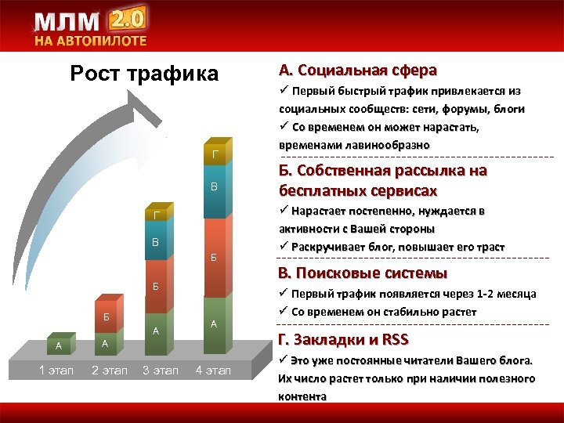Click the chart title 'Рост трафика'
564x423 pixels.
pos(144,74)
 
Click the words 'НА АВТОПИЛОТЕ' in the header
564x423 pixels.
pos(89,42)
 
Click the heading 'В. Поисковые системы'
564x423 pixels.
pos(363,273)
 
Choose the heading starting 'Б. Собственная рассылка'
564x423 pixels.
pos(382,180)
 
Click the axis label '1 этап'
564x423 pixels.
pos(56,370)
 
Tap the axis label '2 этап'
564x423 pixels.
pos(109,370)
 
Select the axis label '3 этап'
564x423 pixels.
pos(161,370)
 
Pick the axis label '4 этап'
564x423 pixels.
pos(213,370)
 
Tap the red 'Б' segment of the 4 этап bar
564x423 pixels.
pos(214,257)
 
